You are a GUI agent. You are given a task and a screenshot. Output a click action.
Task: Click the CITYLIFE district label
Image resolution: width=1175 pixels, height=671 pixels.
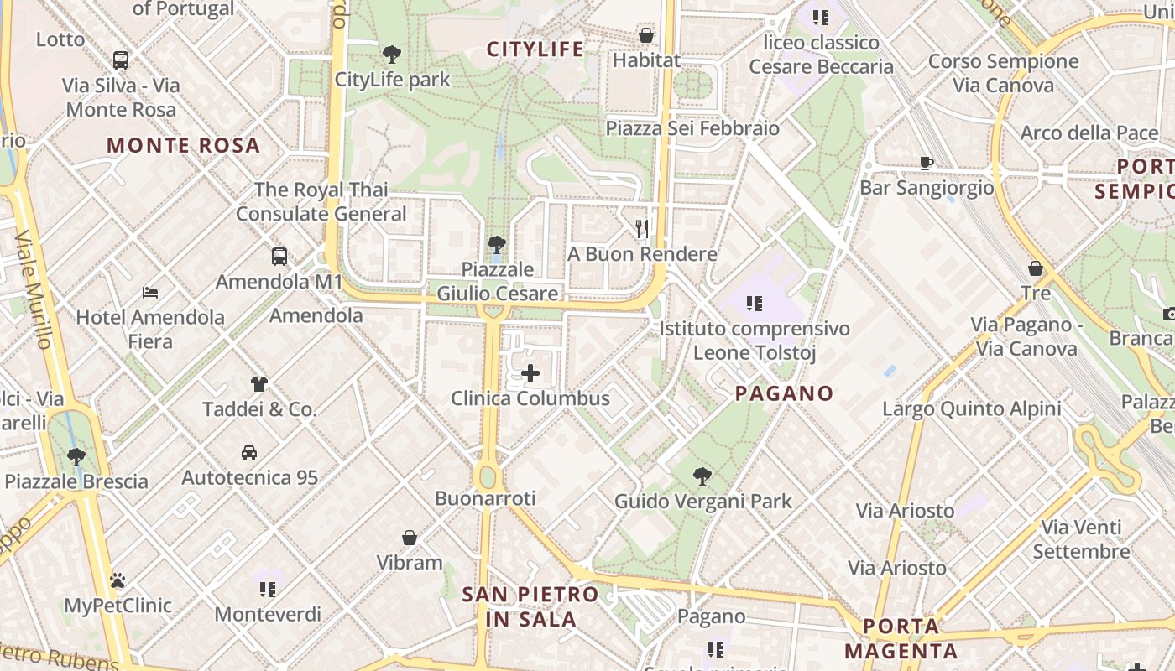point(535,49)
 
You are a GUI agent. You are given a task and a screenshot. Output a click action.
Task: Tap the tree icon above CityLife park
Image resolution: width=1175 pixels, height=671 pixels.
point(391,55)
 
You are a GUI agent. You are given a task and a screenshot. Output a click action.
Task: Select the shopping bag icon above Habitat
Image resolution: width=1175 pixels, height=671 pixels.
point(646,35)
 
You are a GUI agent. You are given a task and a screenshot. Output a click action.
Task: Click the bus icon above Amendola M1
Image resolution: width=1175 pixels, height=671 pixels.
point(279,257)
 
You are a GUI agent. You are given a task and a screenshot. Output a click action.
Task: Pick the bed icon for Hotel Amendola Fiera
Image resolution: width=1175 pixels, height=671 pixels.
point(150,293)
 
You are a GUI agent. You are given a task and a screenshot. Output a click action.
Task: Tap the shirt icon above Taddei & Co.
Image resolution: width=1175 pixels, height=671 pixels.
point(259,384)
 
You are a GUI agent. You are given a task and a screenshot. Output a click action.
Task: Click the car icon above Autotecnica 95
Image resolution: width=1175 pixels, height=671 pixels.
point(249,453)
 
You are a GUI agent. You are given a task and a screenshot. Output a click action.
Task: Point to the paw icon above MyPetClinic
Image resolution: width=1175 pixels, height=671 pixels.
point(117,580)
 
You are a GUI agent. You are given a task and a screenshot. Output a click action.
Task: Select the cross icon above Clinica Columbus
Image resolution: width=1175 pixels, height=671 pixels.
point(530,373)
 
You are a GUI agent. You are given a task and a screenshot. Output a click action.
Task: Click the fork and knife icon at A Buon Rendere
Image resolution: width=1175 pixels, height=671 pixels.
point(642,228)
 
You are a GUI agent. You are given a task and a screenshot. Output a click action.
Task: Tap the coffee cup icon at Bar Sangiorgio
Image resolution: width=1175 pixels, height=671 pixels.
point(927,163)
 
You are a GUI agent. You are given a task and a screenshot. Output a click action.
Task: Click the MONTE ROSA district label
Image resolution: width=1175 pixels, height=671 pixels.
point(183,146)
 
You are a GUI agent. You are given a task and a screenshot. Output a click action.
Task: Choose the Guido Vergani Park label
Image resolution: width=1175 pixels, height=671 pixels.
point(703,502)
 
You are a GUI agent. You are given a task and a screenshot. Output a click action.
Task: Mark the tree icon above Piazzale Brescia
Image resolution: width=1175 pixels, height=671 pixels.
point(76,457)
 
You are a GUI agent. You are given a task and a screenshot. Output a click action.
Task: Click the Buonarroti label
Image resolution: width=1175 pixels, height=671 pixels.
point(485,499)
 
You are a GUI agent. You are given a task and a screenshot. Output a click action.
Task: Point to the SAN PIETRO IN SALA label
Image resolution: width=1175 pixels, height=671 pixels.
point(531,607)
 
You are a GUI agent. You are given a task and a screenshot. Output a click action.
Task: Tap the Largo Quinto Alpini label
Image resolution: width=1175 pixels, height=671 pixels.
point(972,409)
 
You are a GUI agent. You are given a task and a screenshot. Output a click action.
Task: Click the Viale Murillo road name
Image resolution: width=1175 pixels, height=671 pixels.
point(34,289)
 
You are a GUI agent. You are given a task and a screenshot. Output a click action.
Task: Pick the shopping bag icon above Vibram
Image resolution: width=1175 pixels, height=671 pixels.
point(410,538)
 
